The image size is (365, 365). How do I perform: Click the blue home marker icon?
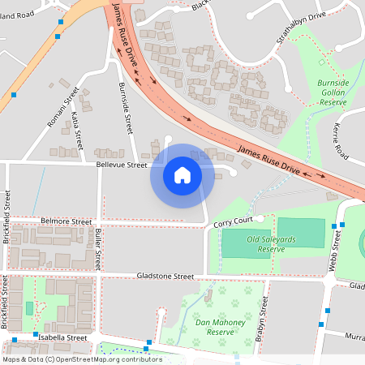[x=182, y=175]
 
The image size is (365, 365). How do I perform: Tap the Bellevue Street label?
[x=122, y=165]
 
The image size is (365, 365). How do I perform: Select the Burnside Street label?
[x=126, y=108]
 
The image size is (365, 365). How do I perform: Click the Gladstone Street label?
[x=165, y=276]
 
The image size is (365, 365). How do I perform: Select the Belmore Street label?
[x=67, y=221]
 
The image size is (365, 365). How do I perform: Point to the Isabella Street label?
[x=60, y=337]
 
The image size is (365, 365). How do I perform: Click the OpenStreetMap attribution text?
[x=82, y=359]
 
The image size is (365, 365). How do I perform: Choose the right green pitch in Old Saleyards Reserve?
[x=299, y=234]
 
